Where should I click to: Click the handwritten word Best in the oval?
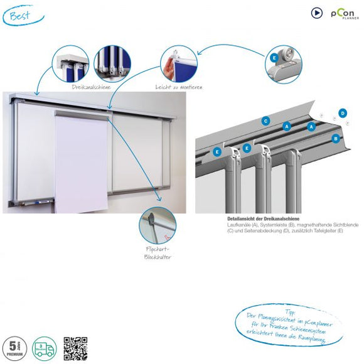point(21,15)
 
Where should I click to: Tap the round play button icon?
point(317,12)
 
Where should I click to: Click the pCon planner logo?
point(343,13)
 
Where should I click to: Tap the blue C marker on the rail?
point(266,120)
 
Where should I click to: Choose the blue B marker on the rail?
point(336,138)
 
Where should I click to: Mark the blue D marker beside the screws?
point(342,113)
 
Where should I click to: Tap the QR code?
point(75,349)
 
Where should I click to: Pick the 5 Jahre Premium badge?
point(14,349)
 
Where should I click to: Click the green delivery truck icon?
point(45,349)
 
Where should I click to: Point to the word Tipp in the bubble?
point(289,311)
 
